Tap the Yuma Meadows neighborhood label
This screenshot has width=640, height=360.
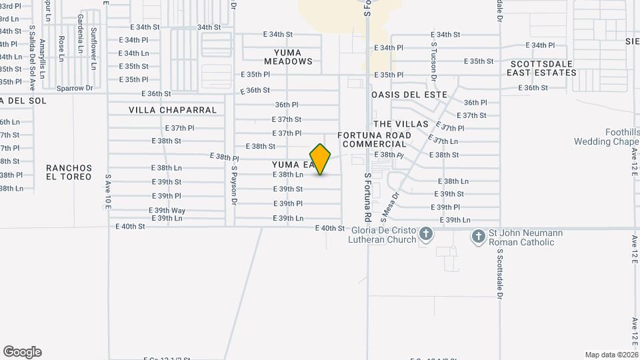tap(293, 57)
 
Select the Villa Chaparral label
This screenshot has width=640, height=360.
tap(173, 110)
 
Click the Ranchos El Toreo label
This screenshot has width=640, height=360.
tap(69, 173)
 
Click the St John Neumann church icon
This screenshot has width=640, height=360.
tap(478, 236)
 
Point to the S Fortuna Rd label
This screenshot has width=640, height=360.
tap(367, 197)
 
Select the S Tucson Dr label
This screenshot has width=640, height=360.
tap(433, 61)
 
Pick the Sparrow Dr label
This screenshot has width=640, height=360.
tap(75, 87)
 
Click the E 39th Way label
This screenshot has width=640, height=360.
tap(169, 211)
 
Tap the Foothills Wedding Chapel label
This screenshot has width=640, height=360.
tap(607, 137)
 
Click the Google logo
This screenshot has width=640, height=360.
tap(22, 352)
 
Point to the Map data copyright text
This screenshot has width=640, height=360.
tap(611, 355)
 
